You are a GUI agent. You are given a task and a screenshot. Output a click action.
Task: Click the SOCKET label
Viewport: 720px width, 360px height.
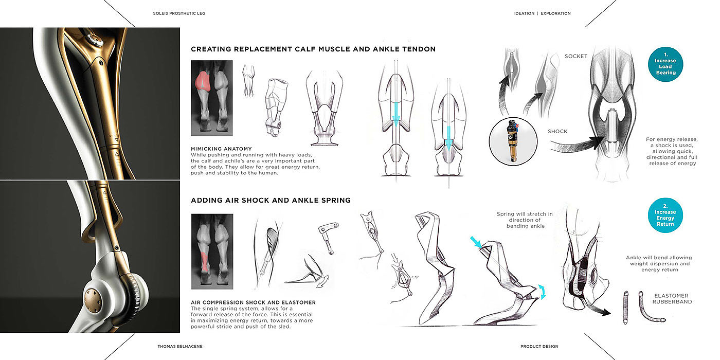tap(575, 56)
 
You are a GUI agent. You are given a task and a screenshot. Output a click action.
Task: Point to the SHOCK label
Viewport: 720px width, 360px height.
tap(557, 131)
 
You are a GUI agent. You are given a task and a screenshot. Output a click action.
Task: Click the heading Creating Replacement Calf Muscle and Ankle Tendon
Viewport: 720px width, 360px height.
tap(313, 49)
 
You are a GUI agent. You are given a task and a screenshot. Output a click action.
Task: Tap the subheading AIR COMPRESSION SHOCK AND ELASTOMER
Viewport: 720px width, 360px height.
tap(253, 302)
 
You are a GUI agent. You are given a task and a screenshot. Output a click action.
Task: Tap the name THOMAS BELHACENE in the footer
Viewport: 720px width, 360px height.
tap(179, 347)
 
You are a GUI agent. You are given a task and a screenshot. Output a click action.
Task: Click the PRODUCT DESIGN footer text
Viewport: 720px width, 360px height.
tap(539, 347)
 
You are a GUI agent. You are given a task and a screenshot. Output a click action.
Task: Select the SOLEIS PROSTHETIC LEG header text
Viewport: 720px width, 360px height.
tap(179, 13)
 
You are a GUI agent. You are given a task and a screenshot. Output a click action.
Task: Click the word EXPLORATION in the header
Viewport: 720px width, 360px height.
tap(555, 13)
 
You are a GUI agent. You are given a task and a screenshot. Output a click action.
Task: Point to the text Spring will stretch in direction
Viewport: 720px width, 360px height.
tap(525, 214)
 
